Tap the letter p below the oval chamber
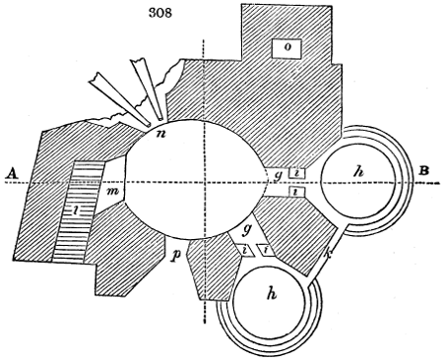(175, 258)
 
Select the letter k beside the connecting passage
(329, 258)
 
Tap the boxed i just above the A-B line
(297, 174)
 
